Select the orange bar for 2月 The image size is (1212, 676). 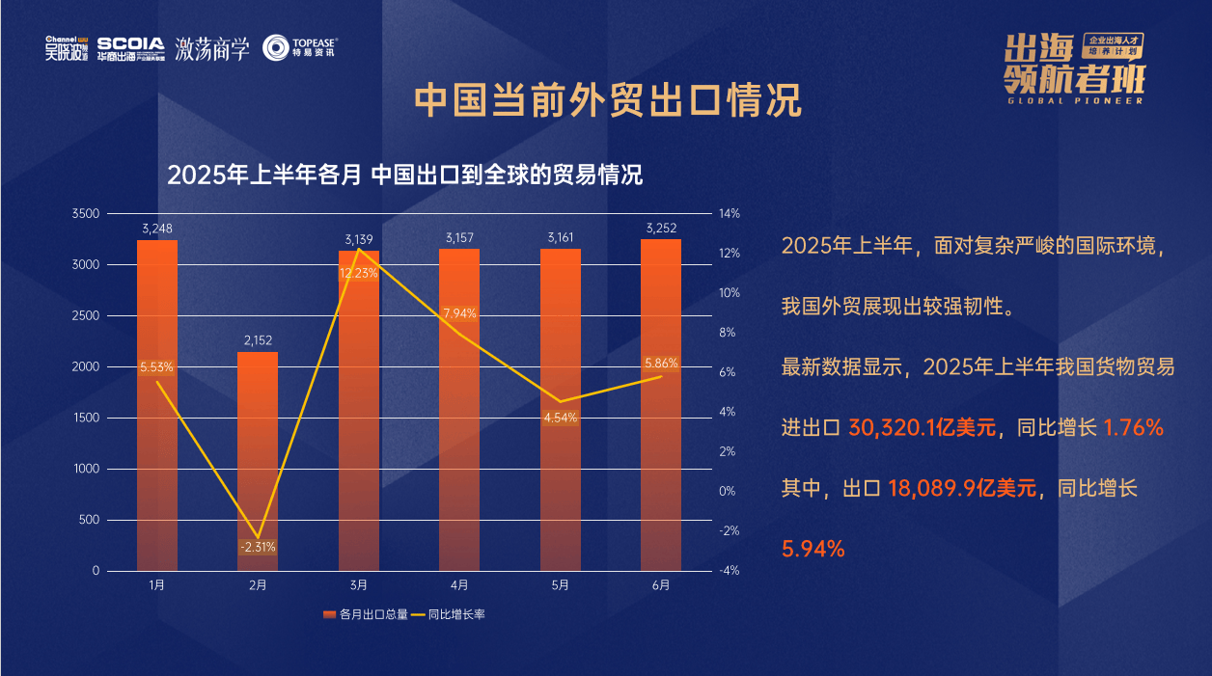coord(258,453)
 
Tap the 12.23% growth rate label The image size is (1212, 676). coord(359,273)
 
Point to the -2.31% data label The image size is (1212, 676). coord(258,547)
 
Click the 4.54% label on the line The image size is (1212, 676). coord(561,418)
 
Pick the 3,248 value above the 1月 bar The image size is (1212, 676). coord(157,229)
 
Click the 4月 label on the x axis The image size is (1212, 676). coord(459,585)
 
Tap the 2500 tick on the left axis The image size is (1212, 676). coord(86,316)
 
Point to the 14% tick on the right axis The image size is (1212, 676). coord(729,214)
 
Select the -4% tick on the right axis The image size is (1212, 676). coord(729,571)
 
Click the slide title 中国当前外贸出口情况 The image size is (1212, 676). coord(607,100)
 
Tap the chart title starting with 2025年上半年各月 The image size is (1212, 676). coord(405,176)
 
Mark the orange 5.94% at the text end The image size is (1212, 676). coord(813,550)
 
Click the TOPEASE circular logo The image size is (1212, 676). coord(277,48)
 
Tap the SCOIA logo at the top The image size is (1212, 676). coord(131,48)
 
